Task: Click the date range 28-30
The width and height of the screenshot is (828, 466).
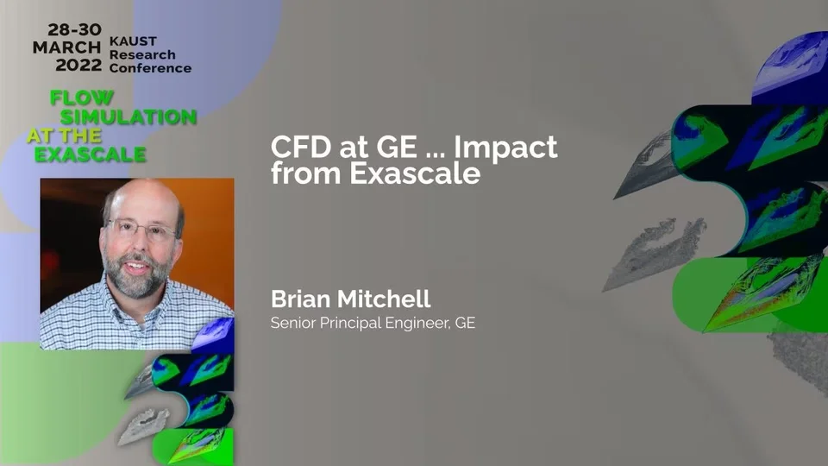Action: click(x=74, y=29)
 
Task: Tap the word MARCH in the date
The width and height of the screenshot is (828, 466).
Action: click(x=66, y=47)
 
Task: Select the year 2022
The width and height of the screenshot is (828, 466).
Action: click(x=78, y=65)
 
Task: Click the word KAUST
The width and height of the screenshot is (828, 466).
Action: click(x=133, y=41)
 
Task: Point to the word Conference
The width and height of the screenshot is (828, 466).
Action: click(x=150, y=68)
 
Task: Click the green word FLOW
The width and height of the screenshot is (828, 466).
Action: click(x=81, y=98)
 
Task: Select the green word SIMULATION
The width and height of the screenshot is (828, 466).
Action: click(x=129, y=116)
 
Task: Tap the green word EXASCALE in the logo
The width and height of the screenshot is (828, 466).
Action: click(x=91, y=154)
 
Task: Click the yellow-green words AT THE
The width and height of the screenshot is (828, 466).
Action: click(x=65, y=135)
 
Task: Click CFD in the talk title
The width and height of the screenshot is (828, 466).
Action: click(x=301, y=147)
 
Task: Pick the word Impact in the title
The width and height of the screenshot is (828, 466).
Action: click(x=505, y=148)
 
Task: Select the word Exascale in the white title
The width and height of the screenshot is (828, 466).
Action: click(x=415, y=173)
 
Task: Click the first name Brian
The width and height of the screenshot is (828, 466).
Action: click(x=300, y=299)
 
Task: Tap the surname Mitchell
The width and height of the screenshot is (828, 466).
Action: click(x=383, y=299)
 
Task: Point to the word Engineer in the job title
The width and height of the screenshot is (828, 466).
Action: click(x=417, y=323)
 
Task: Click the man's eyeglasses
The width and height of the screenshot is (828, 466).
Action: click(x=141, y=229)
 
